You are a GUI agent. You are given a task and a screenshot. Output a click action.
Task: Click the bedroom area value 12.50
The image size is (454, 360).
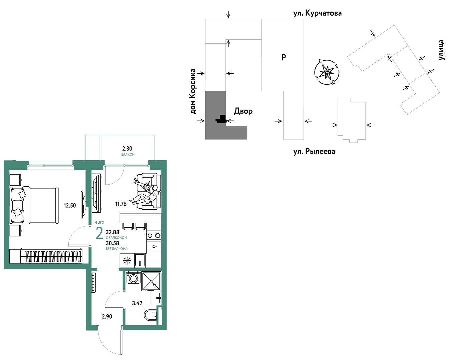click(70, 205)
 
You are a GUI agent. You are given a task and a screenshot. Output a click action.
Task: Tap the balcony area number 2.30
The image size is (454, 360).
click(127, 148)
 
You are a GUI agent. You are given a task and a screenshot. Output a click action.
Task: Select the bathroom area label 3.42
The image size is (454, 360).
click(137, 303)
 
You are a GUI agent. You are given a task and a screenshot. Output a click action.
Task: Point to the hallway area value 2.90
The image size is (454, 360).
click(107, 317)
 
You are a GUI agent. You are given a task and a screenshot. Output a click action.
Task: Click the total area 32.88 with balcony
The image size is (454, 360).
click(113, 232)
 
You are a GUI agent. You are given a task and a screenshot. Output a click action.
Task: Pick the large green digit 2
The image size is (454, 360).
click(99, 233)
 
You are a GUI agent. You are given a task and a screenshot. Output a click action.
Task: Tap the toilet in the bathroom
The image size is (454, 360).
click(150, 315)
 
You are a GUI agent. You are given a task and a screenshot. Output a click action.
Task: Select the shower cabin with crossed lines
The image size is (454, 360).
click(151, 281)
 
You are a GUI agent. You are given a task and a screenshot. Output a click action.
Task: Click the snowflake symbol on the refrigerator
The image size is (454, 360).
click(127, 261)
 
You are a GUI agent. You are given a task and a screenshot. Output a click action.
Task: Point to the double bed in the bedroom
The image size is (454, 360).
click(34, 205)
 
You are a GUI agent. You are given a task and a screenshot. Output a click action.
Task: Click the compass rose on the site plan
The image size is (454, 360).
click(327, 72)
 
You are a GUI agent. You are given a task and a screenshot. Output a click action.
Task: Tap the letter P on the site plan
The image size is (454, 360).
click(284, 57)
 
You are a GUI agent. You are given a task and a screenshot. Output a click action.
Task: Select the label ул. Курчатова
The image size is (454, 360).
click(317, 13)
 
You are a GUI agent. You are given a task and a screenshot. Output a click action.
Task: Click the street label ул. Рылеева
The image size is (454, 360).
click(314, 151)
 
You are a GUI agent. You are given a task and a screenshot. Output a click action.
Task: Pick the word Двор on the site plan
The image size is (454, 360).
click(243, 111)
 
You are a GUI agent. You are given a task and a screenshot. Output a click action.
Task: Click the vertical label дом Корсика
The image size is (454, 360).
click(193, 92)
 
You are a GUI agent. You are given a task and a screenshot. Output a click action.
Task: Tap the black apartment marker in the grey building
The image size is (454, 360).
click(221, 119)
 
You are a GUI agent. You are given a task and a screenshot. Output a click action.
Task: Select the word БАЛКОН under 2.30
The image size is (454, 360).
click(128, 154)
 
